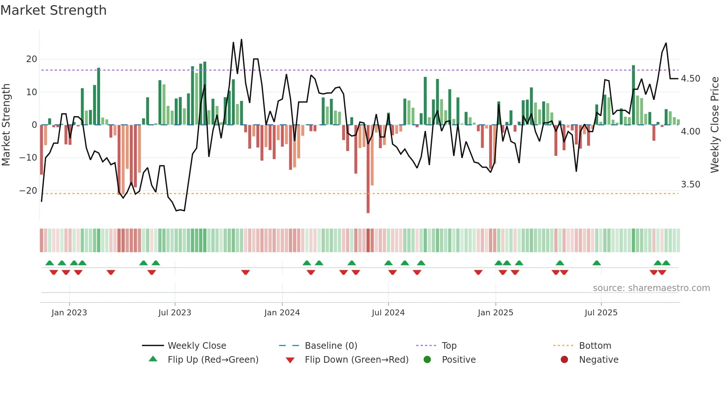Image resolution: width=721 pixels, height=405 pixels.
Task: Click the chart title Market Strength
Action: (53, 10)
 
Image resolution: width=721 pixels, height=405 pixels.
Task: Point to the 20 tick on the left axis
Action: (32, 59)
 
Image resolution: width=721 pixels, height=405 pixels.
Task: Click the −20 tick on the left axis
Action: (29, 191)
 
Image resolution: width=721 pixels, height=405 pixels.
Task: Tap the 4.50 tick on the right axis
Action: (690, 79)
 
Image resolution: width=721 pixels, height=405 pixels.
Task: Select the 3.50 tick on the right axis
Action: (690, 184)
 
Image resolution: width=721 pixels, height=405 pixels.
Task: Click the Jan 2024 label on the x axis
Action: (282, 313)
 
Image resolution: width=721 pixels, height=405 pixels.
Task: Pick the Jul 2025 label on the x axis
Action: (601, 313)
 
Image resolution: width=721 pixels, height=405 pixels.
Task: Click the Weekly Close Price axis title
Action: (714, 125)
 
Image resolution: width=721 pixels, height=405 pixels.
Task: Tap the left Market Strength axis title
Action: (6, 125)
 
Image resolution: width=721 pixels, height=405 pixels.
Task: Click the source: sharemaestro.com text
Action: (651, 288)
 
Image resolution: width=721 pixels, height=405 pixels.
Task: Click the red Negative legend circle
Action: (564, 360)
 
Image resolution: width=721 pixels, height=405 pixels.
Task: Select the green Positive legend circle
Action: (427, 360)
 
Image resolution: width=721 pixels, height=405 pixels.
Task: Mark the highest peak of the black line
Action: (242, 39)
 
